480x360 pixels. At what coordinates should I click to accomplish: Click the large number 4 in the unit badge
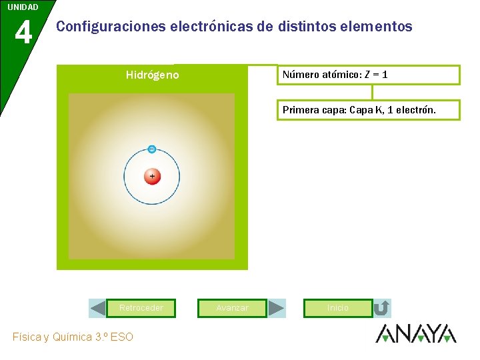[x=23, y=32]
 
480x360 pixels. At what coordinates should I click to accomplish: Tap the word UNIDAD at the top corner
[x=23, y=7]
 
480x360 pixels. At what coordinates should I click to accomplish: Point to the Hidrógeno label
[x=152, y=75]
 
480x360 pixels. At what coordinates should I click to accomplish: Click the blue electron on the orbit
[x=152, y=149]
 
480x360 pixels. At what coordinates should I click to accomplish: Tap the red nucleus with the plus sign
[x=152, y=177]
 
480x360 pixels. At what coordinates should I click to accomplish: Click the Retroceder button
[x=141, y=308]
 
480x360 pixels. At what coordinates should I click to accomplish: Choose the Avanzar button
[x=233, y=308]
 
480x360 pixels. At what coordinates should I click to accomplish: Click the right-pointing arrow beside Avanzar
[x=277, y=308]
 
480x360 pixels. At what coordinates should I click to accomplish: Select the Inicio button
[x=338, y=308]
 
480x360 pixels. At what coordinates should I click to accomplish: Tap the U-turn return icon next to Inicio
[x=382, y=308]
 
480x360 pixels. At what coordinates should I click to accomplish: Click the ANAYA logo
[x=415, y=333]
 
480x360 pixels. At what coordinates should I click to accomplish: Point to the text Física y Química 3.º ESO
[x=73, y=337]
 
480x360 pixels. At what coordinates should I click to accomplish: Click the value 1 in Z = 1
[x=385, y=75]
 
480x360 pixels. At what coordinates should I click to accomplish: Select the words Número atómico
[x=320, y=75]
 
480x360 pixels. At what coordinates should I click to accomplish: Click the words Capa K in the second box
[x=366, y=110]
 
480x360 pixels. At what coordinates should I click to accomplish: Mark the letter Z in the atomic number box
[x=367, y=75]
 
